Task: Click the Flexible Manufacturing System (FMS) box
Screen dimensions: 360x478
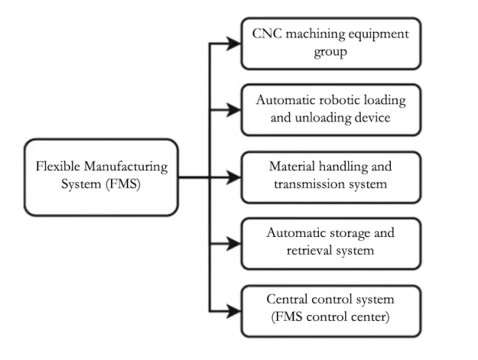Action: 102,176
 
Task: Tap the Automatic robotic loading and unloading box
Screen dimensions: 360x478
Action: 330,109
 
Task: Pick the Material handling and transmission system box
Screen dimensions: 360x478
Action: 330,176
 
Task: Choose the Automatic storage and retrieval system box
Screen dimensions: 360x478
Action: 330,242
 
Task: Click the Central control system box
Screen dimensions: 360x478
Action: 330,308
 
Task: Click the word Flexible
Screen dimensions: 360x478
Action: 58,167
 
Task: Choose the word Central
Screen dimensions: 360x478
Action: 289,299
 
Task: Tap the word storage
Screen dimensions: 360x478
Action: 344,233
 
